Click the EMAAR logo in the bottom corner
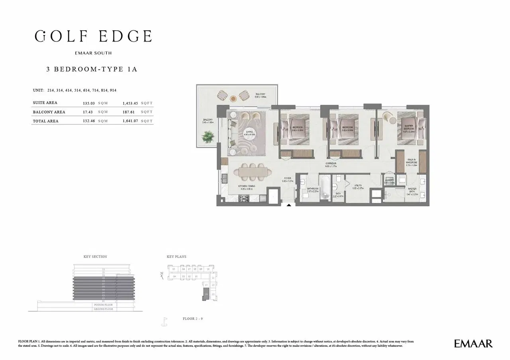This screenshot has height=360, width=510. point(473,343)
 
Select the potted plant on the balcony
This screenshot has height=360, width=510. point(207,137)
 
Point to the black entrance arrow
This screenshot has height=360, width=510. point(289,205)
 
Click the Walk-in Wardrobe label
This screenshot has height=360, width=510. point(412,162)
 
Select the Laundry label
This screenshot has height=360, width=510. point(389,181)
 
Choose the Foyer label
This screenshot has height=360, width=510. point(288,180)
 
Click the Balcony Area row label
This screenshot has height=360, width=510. point(49,112)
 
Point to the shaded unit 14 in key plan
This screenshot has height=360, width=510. point(206,295)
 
